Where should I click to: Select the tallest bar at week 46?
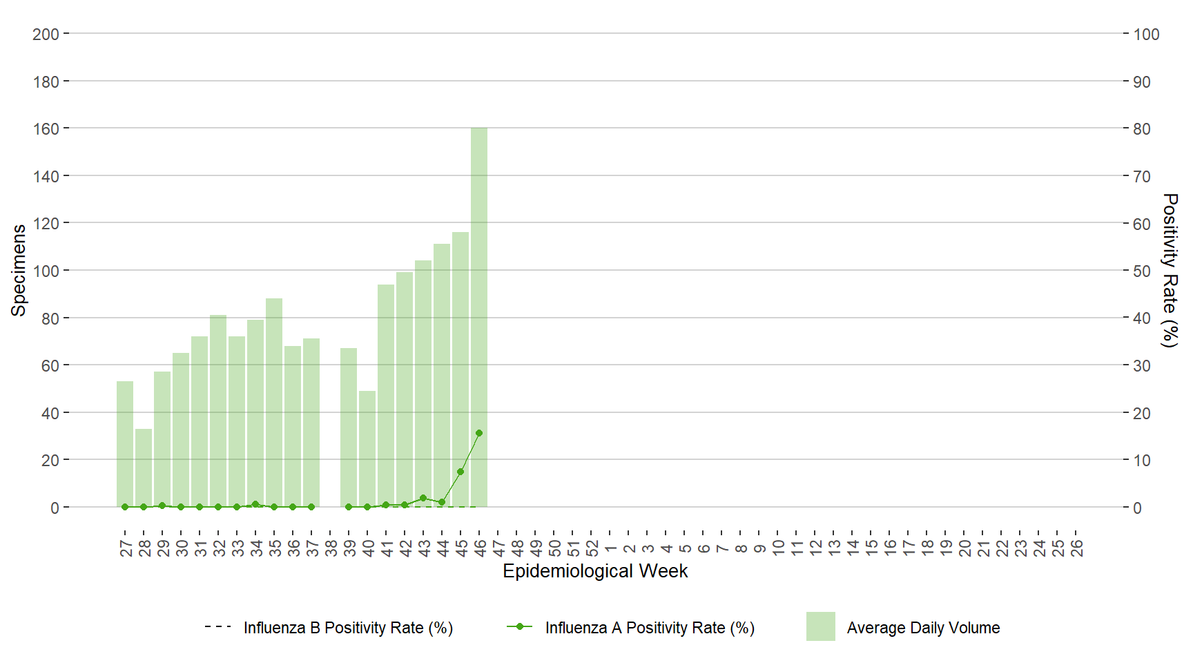479,318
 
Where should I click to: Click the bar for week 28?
144,468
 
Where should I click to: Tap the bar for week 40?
367,449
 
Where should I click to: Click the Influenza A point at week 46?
479,433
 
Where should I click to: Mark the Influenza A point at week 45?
460,472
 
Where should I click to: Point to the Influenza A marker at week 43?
423,498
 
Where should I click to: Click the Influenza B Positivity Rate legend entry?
329,628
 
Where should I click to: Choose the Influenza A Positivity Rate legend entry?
631,628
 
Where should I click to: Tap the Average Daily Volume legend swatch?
820,626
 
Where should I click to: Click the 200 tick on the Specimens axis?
46,35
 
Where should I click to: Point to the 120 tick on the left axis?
46,224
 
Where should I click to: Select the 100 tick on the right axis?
1146,35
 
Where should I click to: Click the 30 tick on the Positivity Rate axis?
1142,366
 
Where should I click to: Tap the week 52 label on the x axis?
592,548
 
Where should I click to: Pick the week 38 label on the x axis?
331,548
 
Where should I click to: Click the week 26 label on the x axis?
1077,548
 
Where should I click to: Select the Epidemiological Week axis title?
595,571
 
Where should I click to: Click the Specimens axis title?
19,270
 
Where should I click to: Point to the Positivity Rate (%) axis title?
1170,270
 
